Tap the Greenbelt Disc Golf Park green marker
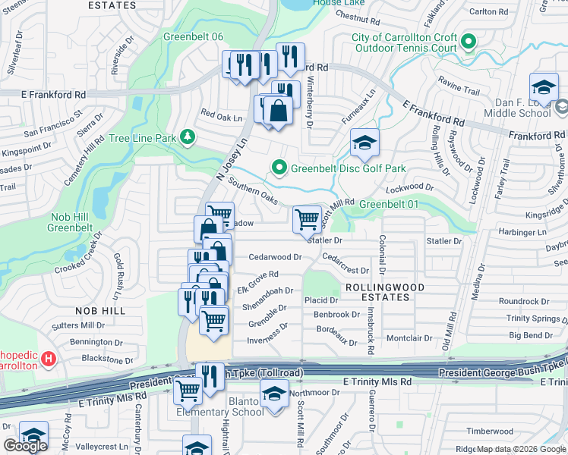coord(279,168)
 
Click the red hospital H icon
coord(49,357)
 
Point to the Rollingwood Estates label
coord(377,292)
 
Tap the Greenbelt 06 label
coord(193,36)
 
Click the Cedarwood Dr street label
coord(276,257)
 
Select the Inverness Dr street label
coord(267,340)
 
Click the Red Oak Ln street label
coord(221,118)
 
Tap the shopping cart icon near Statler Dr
coord(307,219)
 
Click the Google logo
coord(25,446)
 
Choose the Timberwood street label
coord(490,431)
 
